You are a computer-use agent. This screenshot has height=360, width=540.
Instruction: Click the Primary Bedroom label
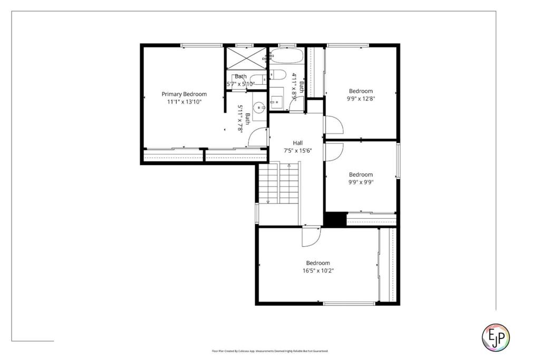184,94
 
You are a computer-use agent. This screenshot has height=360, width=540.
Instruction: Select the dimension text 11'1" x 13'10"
184,101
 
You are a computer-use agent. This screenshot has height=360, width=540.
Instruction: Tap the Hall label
298,143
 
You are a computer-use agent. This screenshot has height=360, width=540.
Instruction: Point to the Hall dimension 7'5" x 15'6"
298,150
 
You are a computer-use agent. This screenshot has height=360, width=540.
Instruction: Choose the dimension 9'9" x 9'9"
360,182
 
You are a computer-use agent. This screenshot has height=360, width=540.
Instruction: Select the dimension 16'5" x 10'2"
317,270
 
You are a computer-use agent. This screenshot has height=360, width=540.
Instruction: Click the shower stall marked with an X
246,59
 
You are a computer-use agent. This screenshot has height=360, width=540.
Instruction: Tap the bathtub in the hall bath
286,56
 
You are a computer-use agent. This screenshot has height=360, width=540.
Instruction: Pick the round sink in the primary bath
258,108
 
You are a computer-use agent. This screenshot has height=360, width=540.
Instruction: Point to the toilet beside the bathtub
278,74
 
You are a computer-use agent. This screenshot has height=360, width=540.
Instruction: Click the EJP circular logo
496,337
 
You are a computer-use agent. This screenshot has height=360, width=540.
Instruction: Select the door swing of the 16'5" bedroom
310,237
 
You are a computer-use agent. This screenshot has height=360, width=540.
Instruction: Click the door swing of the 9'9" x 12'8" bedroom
333,125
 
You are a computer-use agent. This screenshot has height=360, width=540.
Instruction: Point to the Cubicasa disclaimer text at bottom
269,351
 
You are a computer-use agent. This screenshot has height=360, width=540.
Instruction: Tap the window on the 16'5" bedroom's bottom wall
349,303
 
